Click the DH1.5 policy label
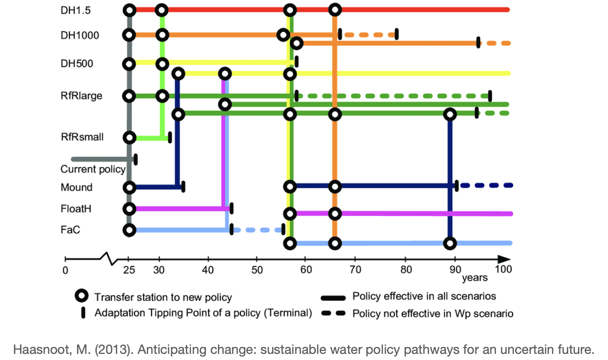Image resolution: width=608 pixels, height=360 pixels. pos(76,10)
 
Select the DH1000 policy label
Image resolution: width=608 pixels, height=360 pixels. pos(80,35)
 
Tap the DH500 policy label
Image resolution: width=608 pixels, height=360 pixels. pos(76,63)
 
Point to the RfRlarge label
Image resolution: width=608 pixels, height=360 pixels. pos(81,96)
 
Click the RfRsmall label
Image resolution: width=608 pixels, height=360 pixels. pos(82,137)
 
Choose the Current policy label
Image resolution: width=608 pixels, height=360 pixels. pos(93,169)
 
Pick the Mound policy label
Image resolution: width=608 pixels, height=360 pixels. pos(76,187)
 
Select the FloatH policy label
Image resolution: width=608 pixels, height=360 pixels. pos(76,209)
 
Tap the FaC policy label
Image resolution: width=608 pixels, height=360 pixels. pos(70,230)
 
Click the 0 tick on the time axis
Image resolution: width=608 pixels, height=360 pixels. pos(65,270)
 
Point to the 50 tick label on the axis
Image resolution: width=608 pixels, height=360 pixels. pos(257,270)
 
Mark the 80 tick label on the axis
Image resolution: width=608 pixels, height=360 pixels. pos(406,269)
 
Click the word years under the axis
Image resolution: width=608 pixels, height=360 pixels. pos(475,278)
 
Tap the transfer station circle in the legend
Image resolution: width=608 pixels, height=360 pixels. pos(81,296)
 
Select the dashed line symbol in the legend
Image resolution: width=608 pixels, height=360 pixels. pos(333,313)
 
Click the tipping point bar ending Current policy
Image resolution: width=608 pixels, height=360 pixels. pos(136,159)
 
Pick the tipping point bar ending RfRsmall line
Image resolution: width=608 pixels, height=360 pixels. pos(170,137)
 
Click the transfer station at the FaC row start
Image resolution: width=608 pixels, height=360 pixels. pos(129,230)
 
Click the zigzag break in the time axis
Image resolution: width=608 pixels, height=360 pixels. pos(109,258)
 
